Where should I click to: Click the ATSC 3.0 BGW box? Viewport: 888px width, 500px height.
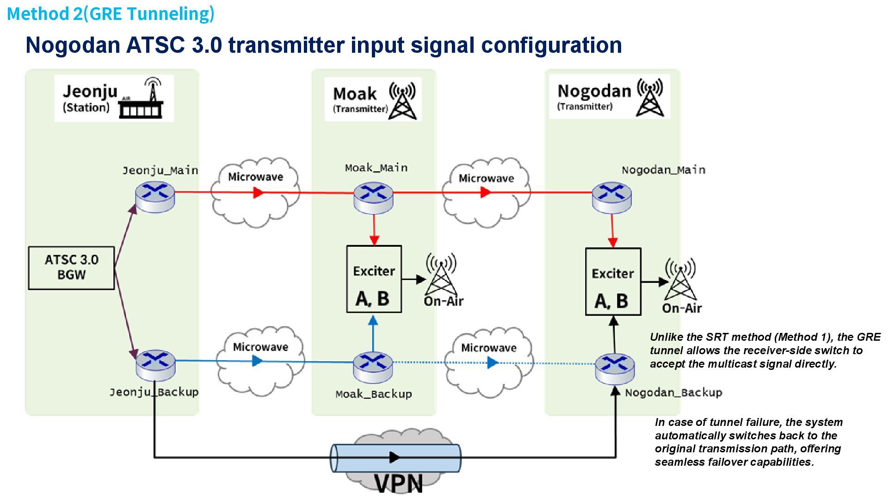[x=71, y=268]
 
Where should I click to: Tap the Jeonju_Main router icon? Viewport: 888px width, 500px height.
[x=155, y=197]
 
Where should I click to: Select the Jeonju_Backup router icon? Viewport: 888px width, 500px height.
[x=156, y=365]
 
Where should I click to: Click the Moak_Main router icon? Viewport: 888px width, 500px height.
[x=374, y=198]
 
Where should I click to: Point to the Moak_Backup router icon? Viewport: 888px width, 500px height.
[x=373, y=368]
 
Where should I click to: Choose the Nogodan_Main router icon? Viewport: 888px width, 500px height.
[x=612, y=198]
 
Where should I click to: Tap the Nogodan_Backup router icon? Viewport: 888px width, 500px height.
[x=615, y=369]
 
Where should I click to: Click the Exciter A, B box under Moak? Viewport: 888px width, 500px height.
[x=374, y=279]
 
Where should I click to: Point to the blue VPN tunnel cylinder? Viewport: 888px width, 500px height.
[x=395, y=458]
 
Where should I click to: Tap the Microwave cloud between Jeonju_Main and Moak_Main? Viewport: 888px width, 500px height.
[x=255, y=192]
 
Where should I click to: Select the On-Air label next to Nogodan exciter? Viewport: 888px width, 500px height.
[x=682, y=308]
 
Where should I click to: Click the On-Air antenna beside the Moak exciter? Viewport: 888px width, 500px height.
[x=441, y=274]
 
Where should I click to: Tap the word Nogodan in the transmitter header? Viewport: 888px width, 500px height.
[x=594, y=91]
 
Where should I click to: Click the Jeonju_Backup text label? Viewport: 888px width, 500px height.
[x=154, y=393]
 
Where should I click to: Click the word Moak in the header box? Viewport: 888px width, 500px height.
[x=355, y=94]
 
